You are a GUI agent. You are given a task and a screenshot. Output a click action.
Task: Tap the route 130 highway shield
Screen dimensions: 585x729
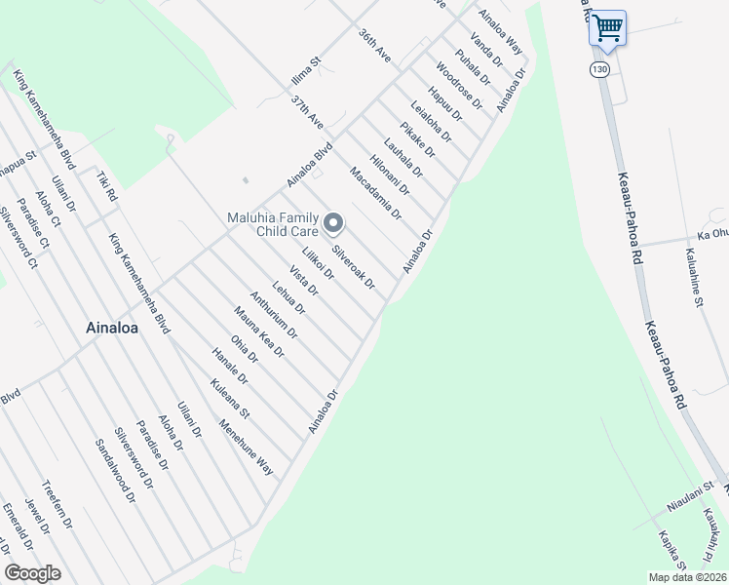click(598, 69)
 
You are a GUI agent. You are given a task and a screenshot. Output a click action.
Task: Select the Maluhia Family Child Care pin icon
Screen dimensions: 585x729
click(334, 225)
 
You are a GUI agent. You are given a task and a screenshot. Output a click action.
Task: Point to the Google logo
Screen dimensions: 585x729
click(32, 573)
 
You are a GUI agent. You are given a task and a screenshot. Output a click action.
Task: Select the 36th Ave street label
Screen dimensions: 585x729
click(374, 47)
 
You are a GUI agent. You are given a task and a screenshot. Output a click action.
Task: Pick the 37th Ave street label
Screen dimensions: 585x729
click(307, 113)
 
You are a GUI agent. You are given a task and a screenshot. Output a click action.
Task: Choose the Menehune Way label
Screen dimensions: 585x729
click(246, 447)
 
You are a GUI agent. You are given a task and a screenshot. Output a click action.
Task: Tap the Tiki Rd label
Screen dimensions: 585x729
click(106, 187)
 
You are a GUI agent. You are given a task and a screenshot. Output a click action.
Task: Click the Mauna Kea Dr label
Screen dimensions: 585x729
click(258, 332)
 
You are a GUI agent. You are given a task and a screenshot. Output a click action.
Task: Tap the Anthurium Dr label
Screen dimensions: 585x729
click(274, 315)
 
